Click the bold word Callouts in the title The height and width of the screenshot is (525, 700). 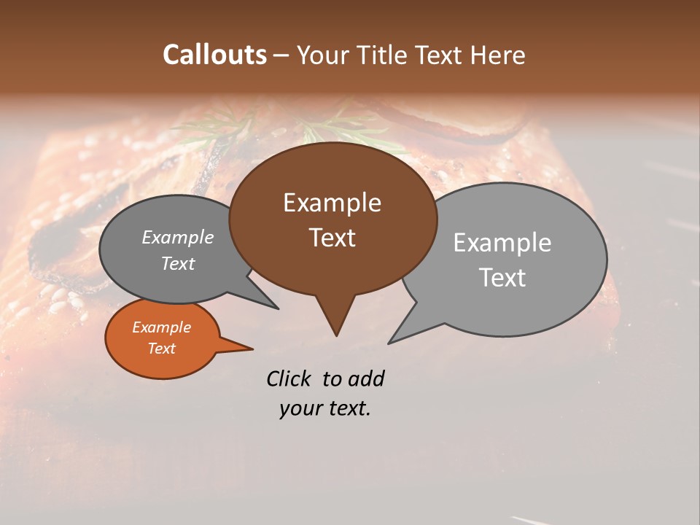pyautogui.click(x=214, y=55)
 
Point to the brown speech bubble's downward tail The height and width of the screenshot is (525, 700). pyautogui.click(x=335, y=317)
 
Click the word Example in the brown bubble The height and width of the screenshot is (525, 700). pyautogui.click(x=332, y=203)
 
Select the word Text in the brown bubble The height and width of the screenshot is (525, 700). pyautogui.click(x=332, y=238)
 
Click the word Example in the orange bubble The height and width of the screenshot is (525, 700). pyautogui.click(x=161, y=327)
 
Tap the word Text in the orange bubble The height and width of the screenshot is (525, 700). pyautogui.click(x=161, y=349)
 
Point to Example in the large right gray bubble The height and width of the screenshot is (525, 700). pyautogui.click(x=502, y=243)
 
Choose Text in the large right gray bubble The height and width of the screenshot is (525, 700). pyautogui.click(x=502, y=278)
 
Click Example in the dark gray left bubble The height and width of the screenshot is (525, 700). pyautogui.click(x=177, y=237)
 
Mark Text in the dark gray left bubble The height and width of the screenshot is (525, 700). pyautogui.click(x=177, y=263)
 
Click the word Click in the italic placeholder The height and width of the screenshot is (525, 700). pyautogui.click(x=289, y=378)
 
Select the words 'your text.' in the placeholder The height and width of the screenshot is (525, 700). pyautogui.click(x=324, y=408)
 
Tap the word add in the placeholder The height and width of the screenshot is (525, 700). pyautogui.click(x=366, y=378)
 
